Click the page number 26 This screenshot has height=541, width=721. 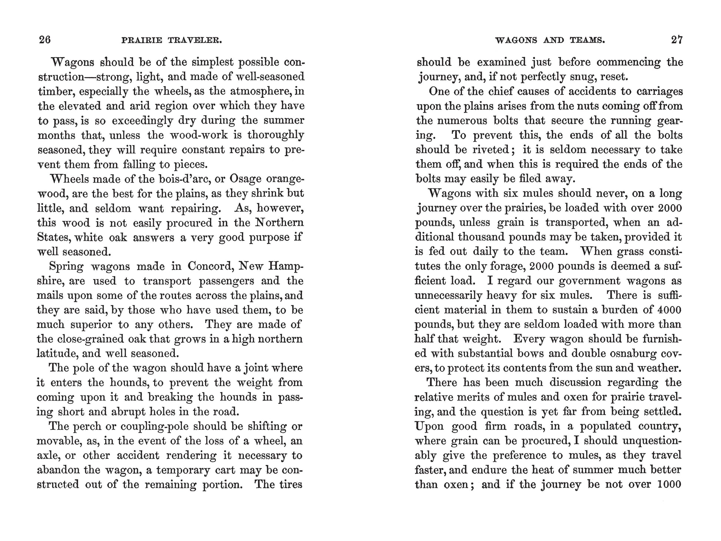tap(45, 40)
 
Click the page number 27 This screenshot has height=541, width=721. tap(677, 40)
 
